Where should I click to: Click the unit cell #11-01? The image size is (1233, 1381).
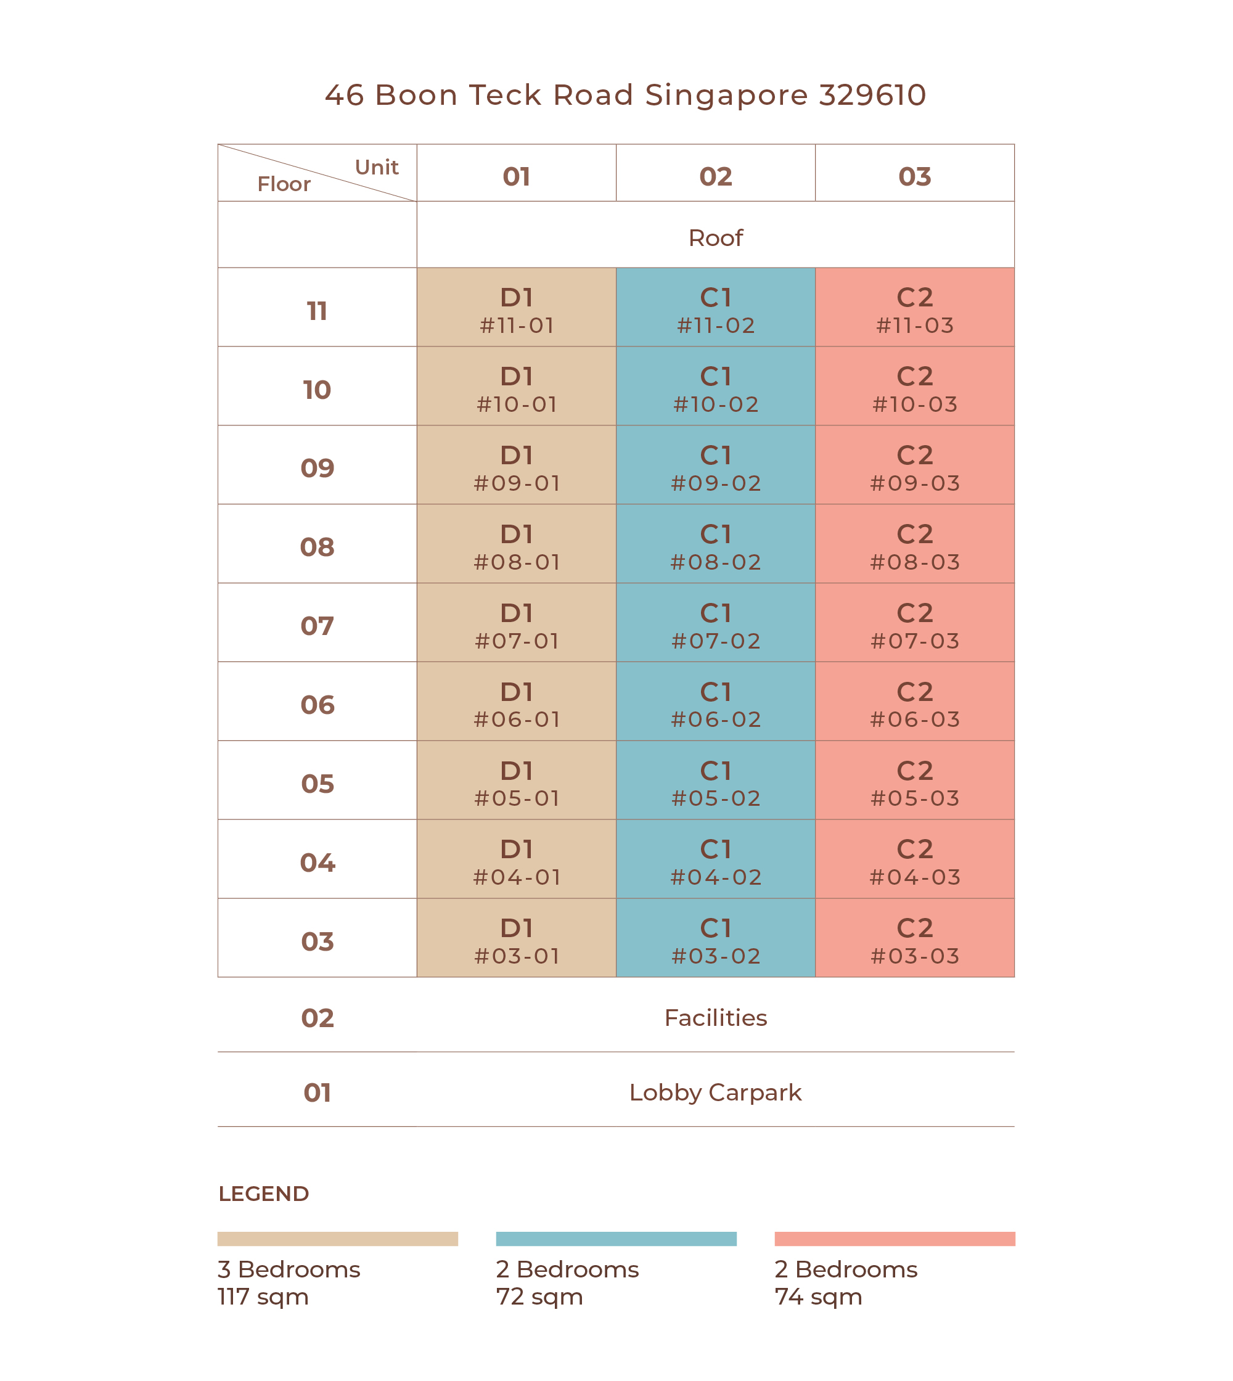(516, 307)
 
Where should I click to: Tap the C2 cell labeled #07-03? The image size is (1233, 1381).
(915, 623)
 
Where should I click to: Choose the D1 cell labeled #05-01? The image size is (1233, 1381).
(516, 781)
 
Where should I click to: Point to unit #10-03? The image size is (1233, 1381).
(915, 386)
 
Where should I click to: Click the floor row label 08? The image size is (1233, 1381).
(317, 547)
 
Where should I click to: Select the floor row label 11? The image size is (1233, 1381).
(317, 312)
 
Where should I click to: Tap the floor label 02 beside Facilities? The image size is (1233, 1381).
(317, 1018)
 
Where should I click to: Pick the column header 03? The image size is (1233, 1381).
(915, 177)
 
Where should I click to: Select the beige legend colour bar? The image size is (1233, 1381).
(337, 1239)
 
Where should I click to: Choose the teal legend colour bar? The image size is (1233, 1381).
(616, 1239)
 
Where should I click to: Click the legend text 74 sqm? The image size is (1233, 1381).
(818, 1297)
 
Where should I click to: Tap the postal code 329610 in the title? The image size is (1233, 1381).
(872, 96)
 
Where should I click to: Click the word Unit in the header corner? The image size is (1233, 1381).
(377, 167)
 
